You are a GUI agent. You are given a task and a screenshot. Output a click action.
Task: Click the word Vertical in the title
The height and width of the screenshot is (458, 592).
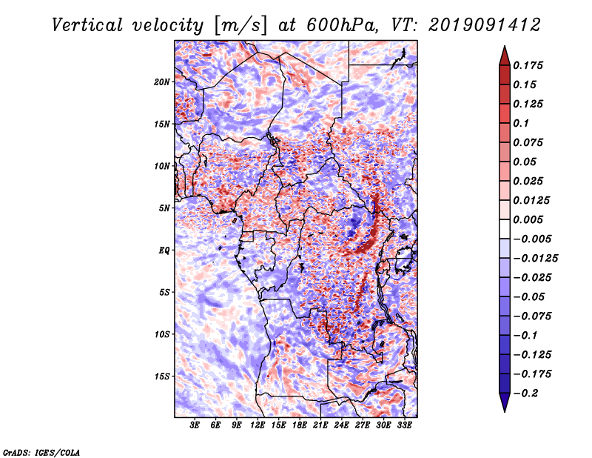[x=87, y=26]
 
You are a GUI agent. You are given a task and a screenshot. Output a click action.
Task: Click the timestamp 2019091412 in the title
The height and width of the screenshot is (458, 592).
[x=485, y=26]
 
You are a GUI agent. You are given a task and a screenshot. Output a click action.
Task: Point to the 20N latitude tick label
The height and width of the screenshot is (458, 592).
[x=162, y=82]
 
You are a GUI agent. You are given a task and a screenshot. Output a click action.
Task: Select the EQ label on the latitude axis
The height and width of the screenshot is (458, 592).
[x=164, y=250]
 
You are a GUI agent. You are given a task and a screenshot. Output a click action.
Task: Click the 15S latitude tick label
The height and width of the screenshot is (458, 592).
[x=162, y=376]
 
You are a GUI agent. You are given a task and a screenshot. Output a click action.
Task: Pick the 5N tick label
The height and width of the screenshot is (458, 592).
[x=164, y=208]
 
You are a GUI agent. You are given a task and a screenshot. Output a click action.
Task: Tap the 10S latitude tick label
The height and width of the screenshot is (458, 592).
[x=162, y=334]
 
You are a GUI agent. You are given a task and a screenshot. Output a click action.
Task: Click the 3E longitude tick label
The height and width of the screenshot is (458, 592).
[x=195, y=425]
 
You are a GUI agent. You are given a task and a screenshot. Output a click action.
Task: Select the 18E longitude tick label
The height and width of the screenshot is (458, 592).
[x=300, y=425]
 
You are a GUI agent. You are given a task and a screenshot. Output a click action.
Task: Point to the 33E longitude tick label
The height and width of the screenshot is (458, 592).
[x=404, y=425]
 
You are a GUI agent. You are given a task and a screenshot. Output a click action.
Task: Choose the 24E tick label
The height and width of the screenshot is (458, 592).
[x=341, y=425]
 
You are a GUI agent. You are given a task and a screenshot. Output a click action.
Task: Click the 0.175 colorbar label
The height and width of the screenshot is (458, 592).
[x=528, y=65]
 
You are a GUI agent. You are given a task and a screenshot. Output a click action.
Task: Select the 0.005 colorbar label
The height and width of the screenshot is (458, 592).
[x=528, y=219]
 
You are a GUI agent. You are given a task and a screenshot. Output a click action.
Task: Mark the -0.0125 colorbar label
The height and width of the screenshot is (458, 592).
[x=535, y=259]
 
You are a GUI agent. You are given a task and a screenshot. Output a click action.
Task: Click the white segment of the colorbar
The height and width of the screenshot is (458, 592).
[x=505, y=229]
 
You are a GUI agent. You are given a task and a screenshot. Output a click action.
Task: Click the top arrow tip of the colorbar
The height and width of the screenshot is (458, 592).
[x=505, y=46]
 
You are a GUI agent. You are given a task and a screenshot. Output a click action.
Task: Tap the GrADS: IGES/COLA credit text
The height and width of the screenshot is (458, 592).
[x=41, y=452]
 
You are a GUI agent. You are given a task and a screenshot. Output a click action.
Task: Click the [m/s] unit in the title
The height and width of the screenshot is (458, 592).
[x=240, y=26]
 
